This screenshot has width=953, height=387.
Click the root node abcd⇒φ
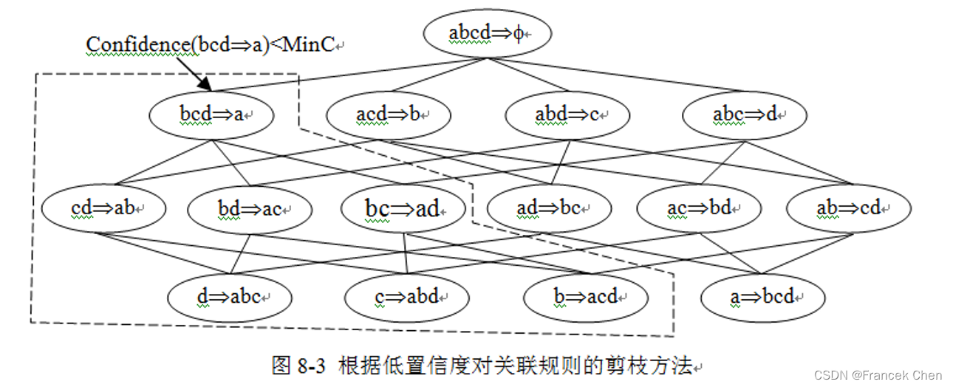488,33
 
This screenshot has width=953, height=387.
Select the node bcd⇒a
211,115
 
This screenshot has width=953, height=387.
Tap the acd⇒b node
389,115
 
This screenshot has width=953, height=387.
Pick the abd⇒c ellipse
567,115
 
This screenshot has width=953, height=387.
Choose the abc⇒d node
745,115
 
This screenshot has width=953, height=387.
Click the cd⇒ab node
103,208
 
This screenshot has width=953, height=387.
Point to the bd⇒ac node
250,209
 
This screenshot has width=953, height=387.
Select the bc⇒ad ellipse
403,208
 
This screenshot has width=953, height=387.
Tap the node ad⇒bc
550,208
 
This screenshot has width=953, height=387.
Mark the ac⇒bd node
699,208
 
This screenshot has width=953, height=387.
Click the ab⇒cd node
848,208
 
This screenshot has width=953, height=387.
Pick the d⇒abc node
229,297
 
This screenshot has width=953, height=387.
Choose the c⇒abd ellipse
407,297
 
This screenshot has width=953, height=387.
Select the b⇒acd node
586,297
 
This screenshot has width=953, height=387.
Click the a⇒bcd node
763,297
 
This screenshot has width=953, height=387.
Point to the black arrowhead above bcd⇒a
208,89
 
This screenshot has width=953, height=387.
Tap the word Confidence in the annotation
137,45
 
